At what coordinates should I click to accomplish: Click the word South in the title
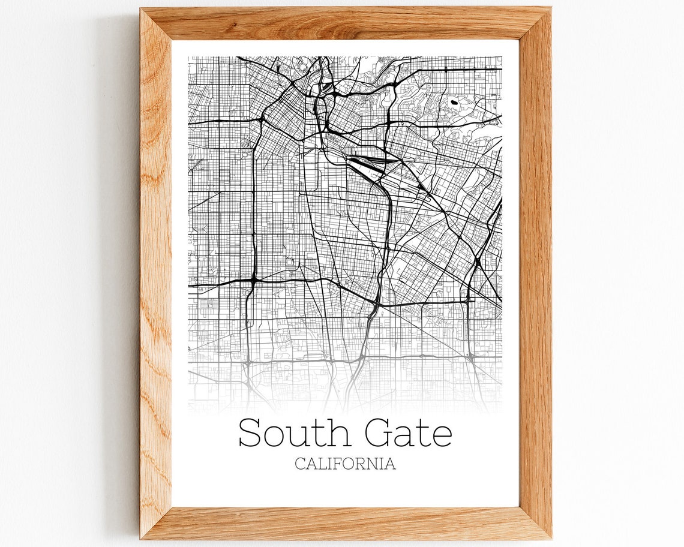point(295,433)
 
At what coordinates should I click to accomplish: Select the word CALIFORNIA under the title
point(345,464)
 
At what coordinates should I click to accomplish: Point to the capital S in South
point(250,433)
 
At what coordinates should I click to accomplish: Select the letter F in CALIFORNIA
point(340,464)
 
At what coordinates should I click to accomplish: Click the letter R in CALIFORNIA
point(364,464)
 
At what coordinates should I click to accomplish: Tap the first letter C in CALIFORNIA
point(300,464)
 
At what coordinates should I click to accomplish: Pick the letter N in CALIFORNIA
point(376,464)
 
